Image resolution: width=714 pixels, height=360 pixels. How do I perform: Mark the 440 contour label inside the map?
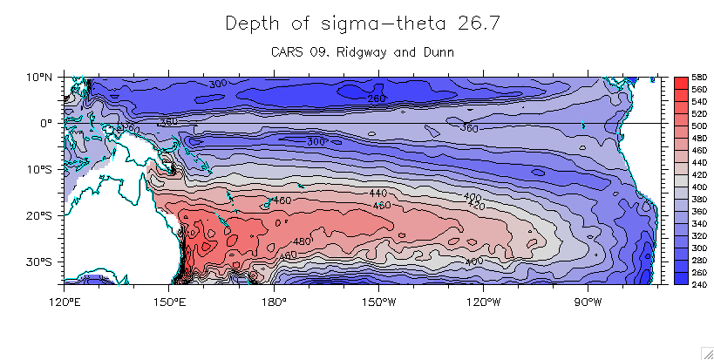(x=377, y=193)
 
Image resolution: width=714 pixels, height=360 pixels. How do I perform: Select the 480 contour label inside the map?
(x=302, y=241)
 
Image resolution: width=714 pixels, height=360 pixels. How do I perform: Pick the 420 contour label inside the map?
(x=476, y=206)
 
